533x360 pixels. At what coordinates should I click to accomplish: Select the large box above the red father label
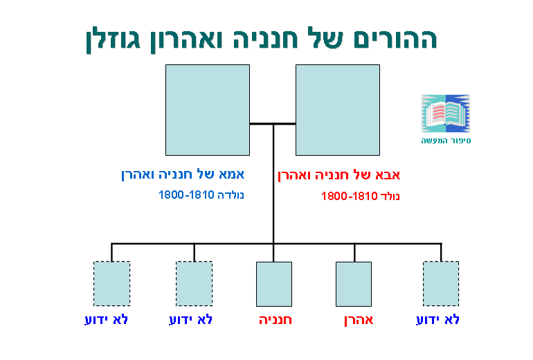tap(337, 110)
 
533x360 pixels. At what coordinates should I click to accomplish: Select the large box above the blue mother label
tap(208, 110)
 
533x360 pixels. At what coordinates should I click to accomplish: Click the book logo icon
tap(446, 114)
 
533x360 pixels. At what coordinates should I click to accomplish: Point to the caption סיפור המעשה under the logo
tap(446, 141)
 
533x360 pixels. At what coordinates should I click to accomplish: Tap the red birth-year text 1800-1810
tap(344, 197)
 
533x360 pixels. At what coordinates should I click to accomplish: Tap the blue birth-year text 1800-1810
tap(181, 195)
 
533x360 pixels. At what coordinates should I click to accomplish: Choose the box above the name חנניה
tap(273, 284)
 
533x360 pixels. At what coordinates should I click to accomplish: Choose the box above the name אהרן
tap(354, 284)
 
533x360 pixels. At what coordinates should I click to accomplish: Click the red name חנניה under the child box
tap(275, 321)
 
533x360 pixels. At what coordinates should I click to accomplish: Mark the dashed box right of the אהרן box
tap(441, 283)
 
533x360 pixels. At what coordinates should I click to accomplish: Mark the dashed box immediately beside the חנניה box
tap(194, 283)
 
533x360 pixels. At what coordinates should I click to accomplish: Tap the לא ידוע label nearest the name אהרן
tap(437, 321)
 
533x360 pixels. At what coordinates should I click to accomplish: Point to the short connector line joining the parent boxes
tap(272, 124)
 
